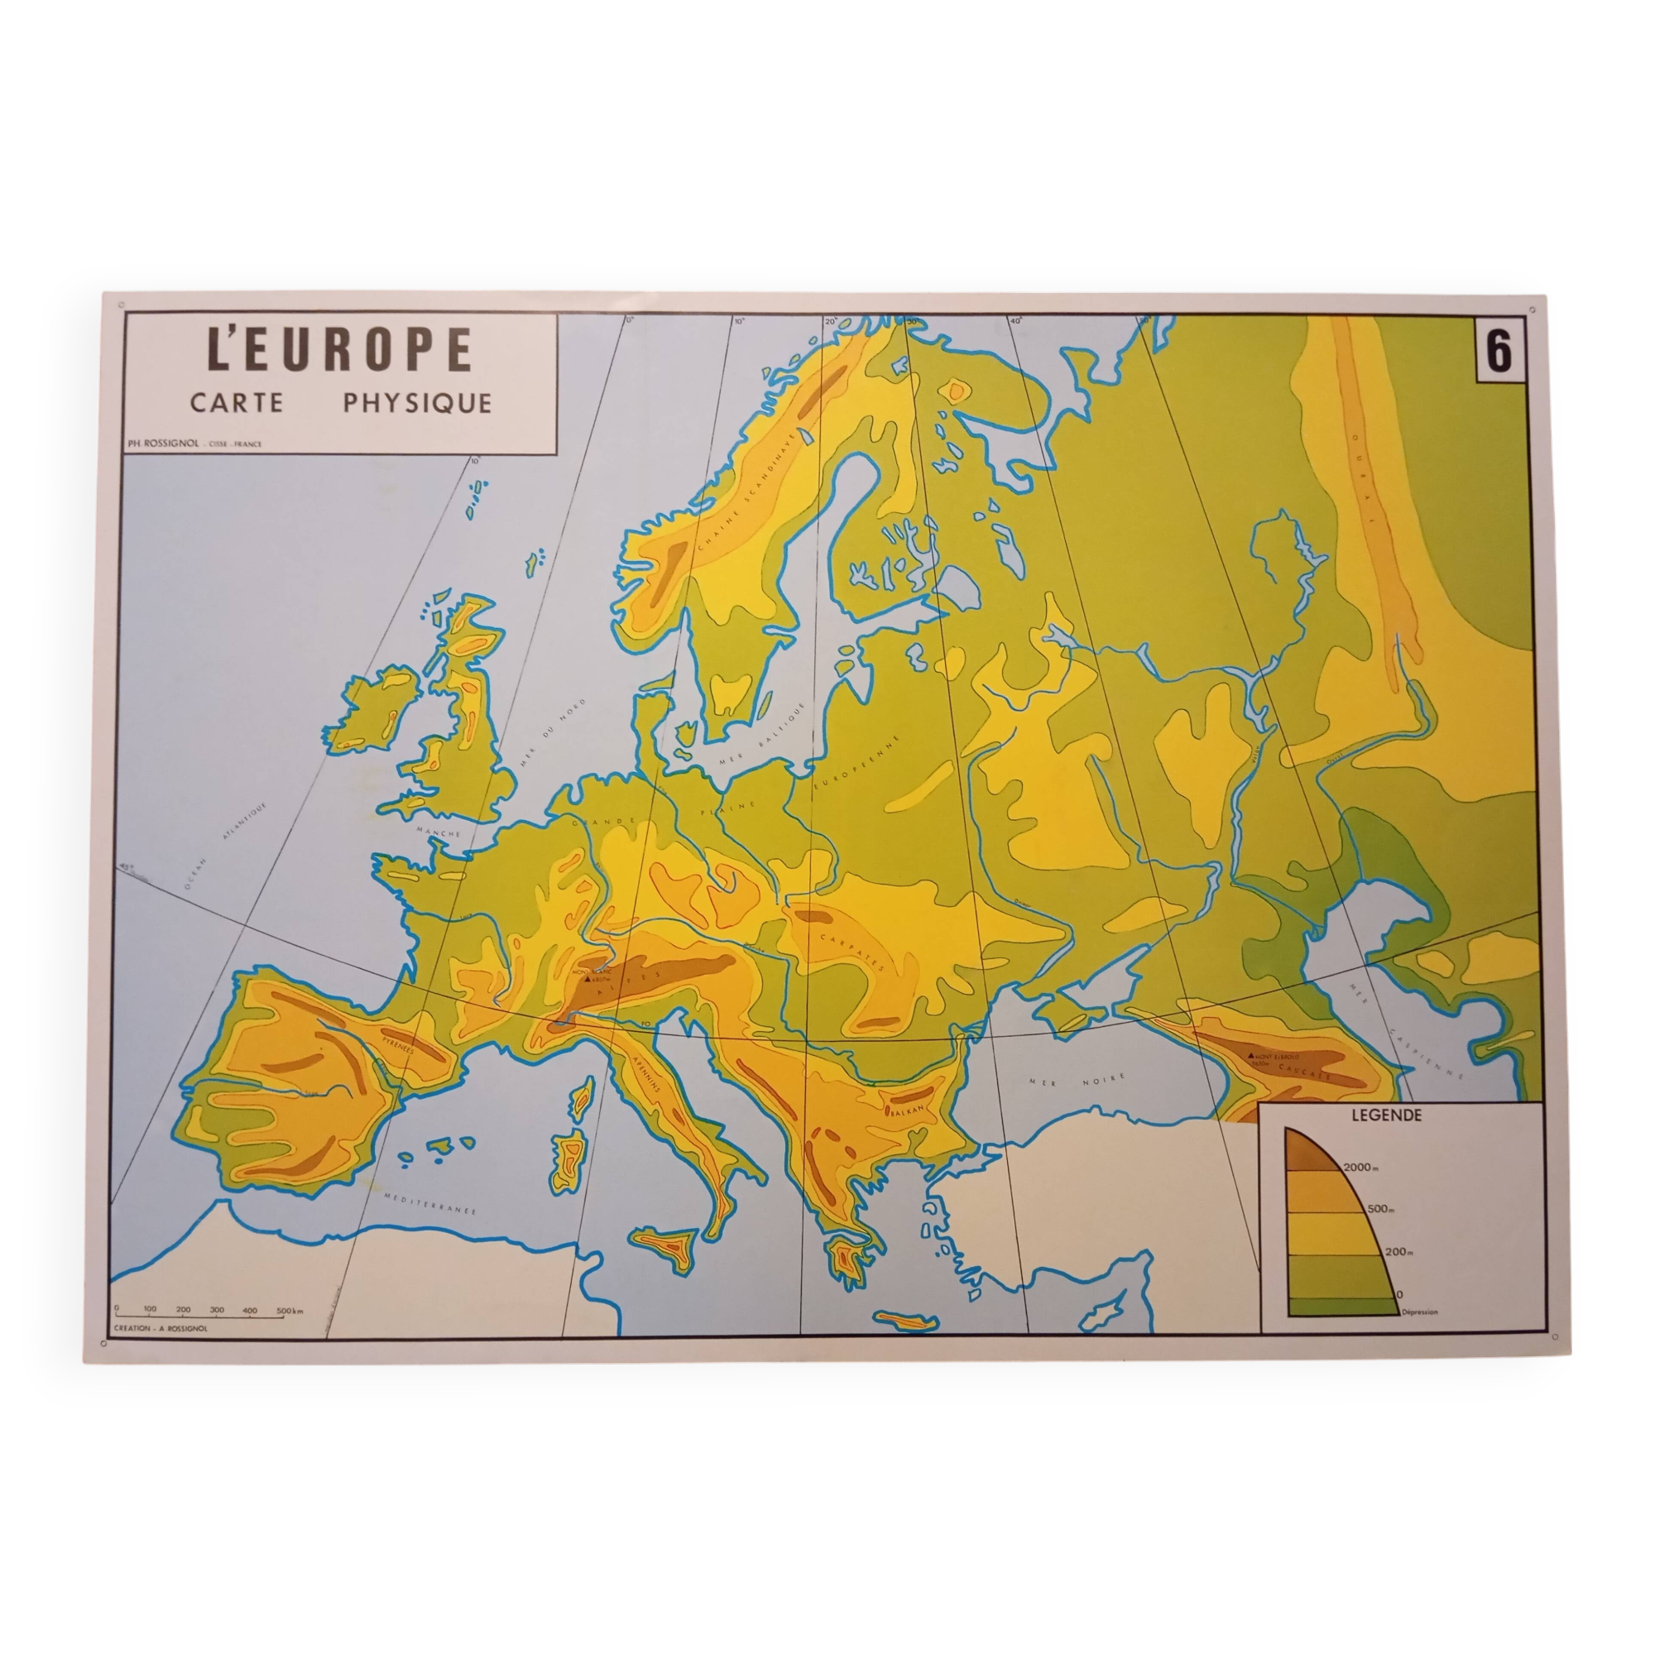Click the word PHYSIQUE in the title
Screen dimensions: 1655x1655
[417, 403]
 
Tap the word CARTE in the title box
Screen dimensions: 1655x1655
[237, 403]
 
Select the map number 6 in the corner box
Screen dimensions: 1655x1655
[1498, 352]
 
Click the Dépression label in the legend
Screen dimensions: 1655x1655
[1419, 1312]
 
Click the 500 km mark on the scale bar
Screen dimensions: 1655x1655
[288, 1311]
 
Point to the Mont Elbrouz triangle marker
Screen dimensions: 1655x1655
[1251, 1055]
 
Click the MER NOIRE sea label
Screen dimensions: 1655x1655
[1072, 1082]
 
